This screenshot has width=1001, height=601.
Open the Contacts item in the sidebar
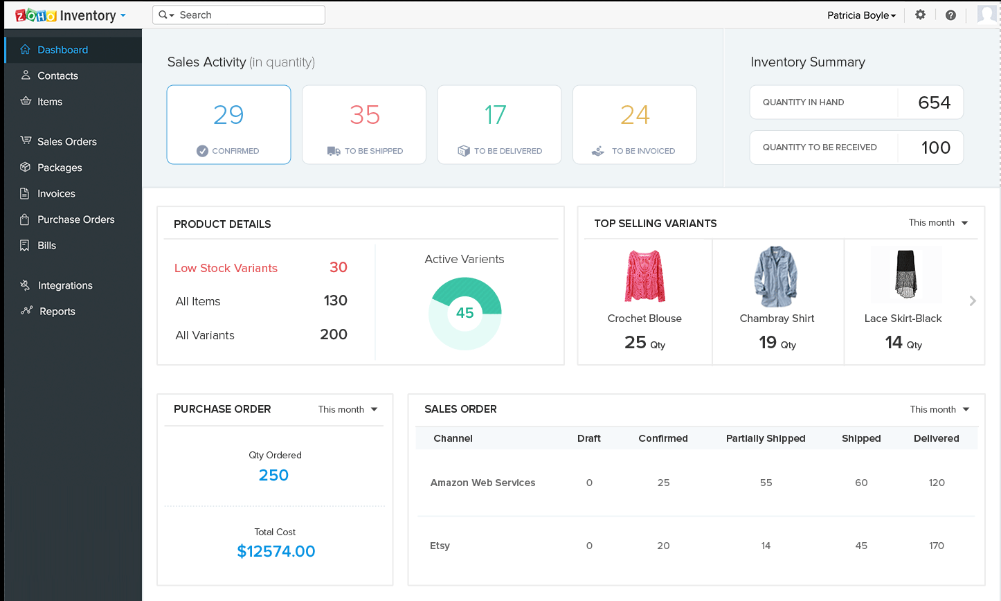[57, 75]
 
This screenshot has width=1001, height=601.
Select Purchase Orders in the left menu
[75, 219]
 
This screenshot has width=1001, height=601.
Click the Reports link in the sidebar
[57, 312]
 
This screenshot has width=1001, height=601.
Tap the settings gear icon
[920, 15]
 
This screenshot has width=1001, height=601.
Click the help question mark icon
[950, 15]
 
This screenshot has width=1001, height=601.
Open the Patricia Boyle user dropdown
[861, 15]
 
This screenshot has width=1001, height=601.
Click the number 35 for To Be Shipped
[364, 115]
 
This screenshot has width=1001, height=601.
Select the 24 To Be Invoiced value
[634, 115]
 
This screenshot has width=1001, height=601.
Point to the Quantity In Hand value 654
[934, 102]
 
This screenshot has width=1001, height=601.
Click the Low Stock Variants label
[226, 268]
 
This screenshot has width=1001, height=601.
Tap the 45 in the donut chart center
[465, 313]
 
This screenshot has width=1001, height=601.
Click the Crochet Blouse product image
[644, 276]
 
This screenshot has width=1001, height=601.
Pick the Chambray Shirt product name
[777, 319]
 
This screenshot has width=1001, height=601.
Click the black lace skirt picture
[905, 275]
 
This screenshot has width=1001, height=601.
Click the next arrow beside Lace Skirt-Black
[973, 300]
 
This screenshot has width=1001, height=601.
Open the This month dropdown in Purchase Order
[348, 409]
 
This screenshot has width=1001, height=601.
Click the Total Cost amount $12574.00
[276, 551]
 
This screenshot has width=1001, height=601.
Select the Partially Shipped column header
[765, 438]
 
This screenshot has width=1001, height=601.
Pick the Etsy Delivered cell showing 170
[936, 546]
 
